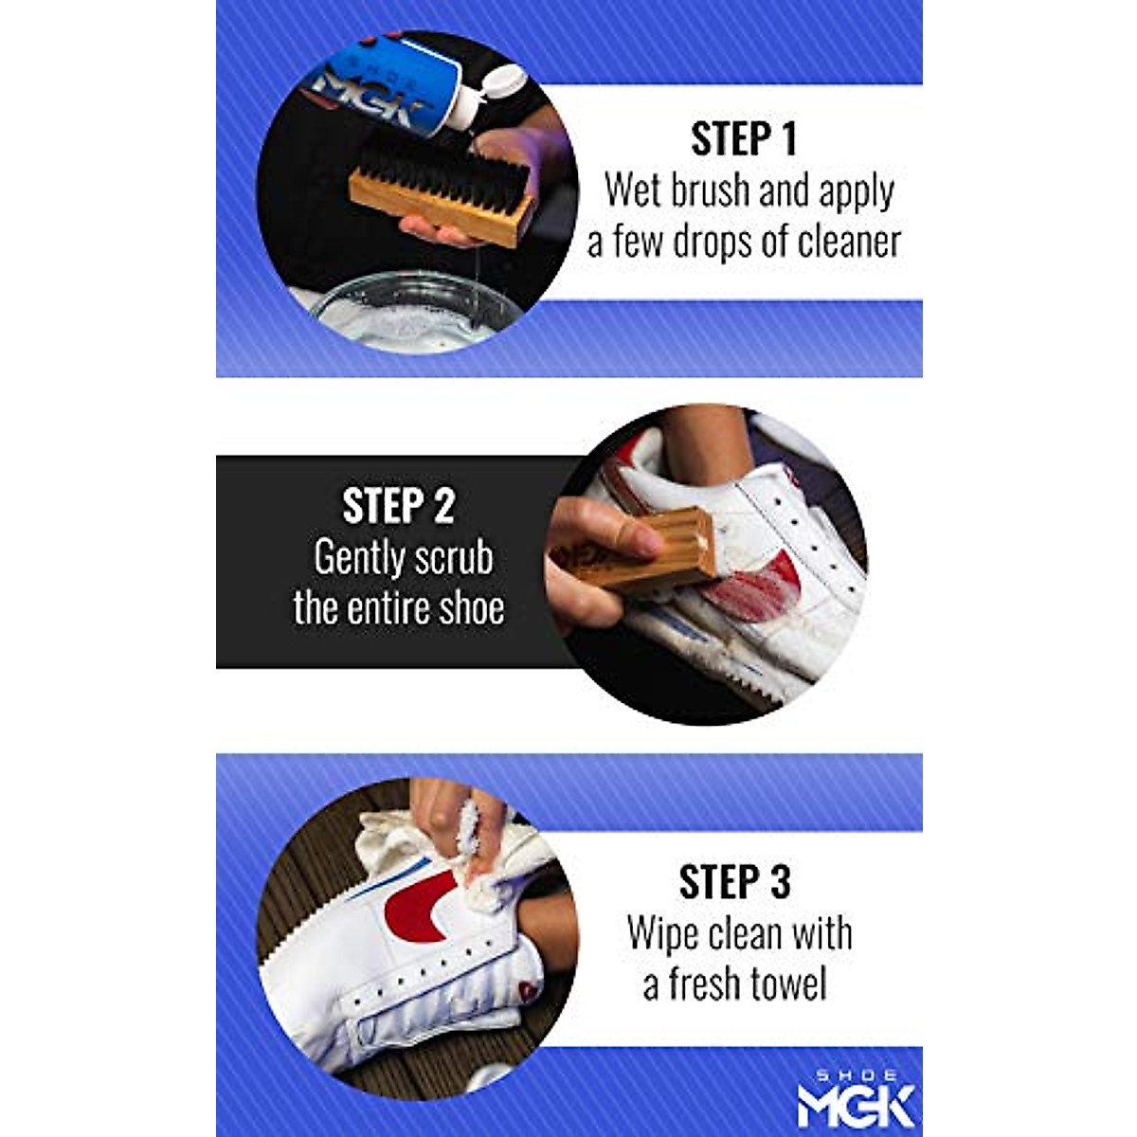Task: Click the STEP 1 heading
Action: click(744, 139)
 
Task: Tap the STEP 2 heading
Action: click(398, 506)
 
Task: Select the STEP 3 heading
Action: click(734, 882)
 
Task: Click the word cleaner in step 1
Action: click(849, 242)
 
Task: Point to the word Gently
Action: click(361, 558)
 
